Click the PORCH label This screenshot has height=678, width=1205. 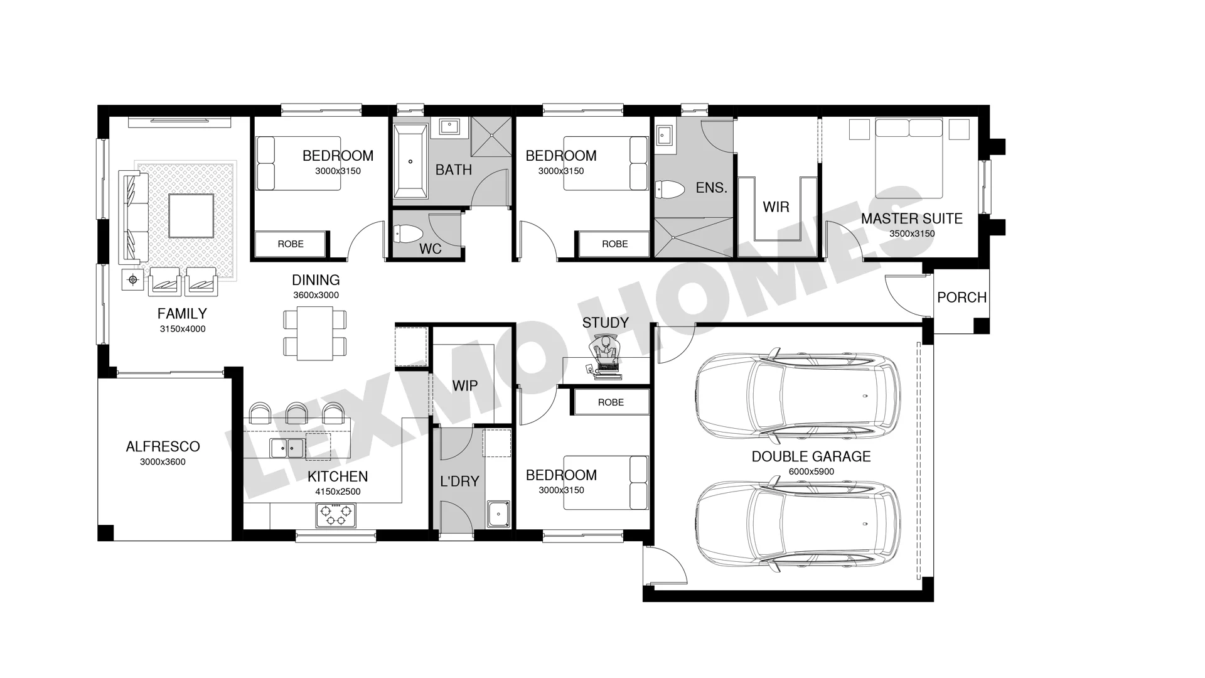coord(961,298)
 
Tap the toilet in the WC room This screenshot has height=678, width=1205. coord(408,234)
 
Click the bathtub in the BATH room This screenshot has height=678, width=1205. coord(410,161)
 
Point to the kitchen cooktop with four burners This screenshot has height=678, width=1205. coord(335,515)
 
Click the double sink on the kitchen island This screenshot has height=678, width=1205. coord(287,448)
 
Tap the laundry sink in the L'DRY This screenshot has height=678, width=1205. coord(498,514)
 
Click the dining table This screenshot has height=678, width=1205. coord(314,333)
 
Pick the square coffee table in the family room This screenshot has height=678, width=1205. coord(191,215)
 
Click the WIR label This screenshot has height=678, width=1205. coord(776,207)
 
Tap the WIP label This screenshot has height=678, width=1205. coord(465,385)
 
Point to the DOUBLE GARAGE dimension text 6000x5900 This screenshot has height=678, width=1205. coord(811,471)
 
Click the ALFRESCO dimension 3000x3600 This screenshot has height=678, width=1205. coord(163,461)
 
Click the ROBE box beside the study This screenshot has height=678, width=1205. coord(611,402)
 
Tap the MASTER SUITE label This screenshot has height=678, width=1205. coord(911,218)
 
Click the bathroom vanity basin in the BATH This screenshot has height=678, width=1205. coord(449,127)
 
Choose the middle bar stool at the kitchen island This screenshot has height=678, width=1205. coord(296,412)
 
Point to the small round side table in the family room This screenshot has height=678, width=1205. coord(132,280)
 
